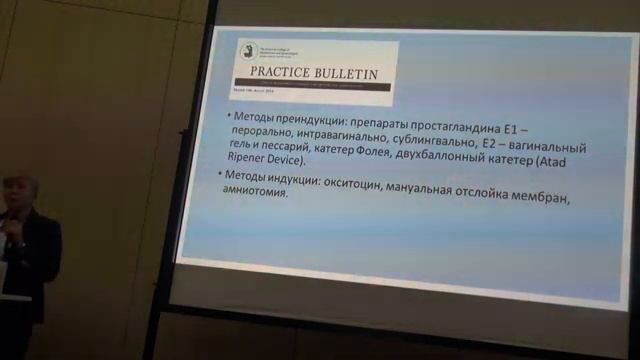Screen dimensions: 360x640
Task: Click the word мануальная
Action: point(458,187)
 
